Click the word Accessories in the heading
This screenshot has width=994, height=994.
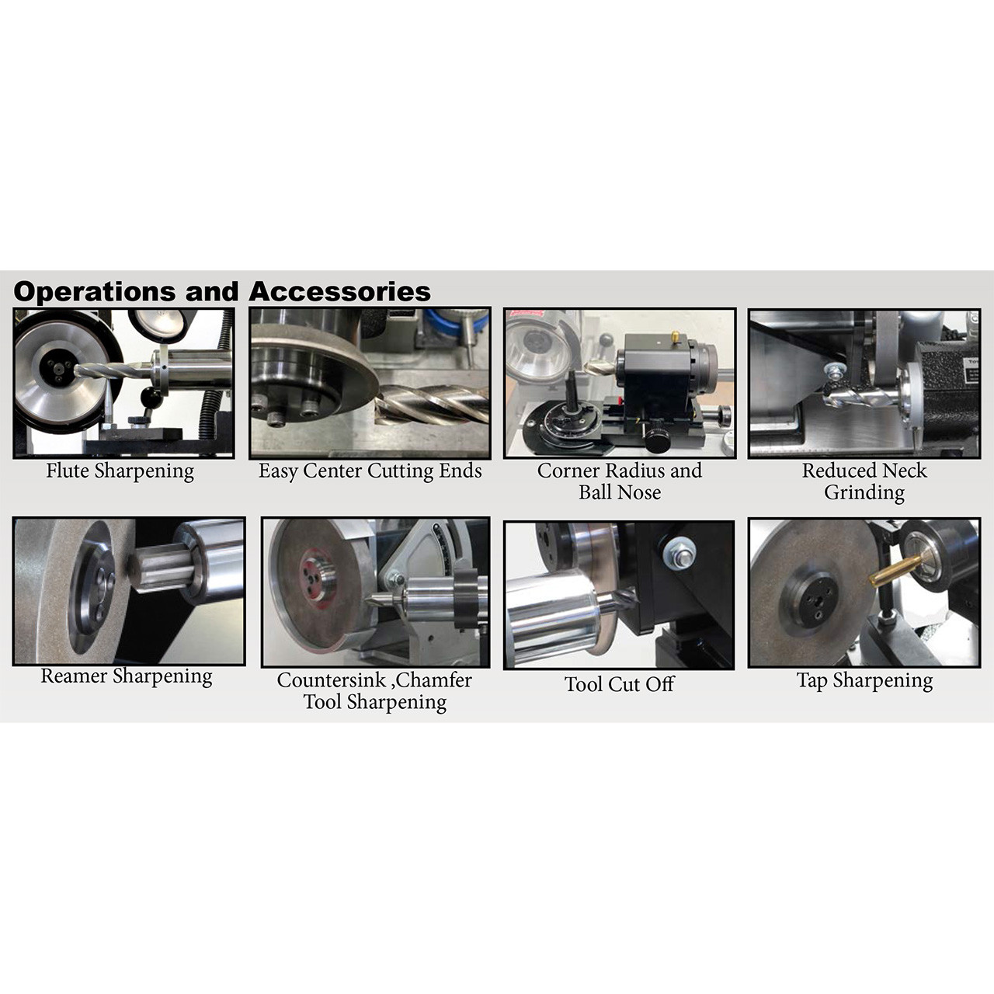coord(339,292)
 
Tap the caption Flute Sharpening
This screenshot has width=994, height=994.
coord(120,471)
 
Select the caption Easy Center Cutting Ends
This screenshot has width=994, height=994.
coord(370,471)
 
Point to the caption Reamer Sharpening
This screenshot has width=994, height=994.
coord(126,676)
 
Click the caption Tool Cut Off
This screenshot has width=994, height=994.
coord(619,684)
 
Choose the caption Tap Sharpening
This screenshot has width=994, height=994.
coord(864,681)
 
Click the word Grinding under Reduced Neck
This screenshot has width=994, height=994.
coord(864,493)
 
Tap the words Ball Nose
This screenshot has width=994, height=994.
coord(619,492)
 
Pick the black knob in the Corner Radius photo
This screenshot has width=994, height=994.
coord(658,440)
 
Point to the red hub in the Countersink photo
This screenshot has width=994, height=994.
coord(318,575)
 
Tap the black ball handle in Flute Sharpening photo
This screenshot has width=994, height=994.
coord(151,398)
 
